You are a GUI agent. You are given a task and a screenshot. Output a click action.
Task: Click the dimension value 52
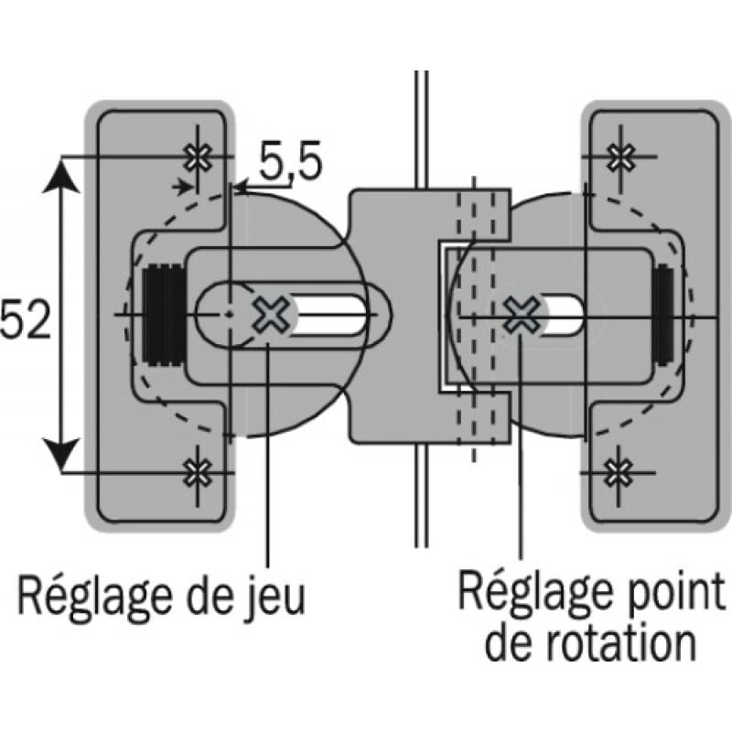pyautogui.click(x=26, y=322)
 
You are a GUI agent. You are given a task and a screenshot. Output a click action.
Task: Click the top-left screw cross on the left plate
pyautogui.click(x=196, y=157)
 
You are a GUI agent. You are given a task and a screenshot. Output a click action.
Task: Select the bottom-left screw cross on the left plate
pyautogui.click(x=196, y=472)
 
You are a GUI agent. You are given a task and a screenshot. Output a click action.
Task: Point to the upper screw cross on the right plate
pyautogui.click(x=621, y=156)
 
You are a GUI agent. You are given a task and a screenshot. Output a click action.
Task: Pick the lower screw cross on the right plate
pyautogui.click(x=621, y=472)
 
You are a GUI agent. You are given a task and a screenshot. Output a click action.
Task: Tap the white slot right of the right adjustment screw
pyautogui.click(x=564, y=316)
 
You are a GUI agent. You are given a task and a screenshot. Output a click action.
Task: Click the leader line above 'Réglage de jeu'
pyautogui.click(x=268, y=457)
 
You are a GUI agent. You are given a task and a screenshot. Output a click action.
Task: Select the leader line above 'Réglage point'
pyautogui.click(x=521, y=457)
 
